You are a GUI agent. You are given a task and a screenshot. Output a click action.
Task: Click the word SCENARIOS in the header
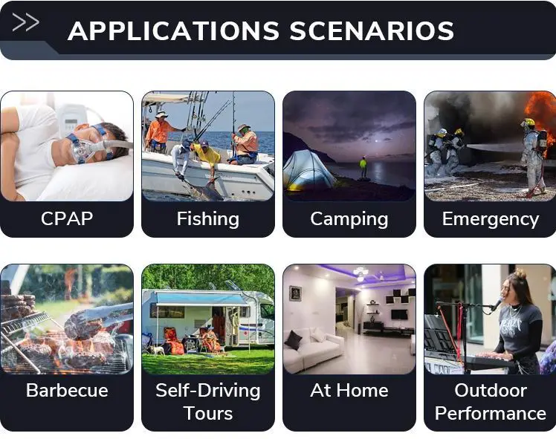pos(372,30)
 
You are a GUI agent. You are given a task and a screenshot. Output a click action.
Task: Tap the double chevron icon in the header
pos(25,22)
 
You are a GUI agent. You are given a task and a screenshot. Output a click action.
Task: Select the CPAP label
pos(67,218)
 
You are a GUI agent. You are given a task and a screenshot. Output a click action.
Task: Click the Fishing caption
pos(208,218)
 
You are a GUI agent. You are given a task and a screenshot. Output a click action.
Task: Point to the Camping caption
pos(349,219)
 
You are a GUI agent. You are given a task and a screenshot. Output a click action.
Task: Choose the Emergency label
pos(491,219)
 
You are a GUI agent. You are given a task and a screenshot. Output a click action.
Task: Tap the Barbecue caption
pos(67,391)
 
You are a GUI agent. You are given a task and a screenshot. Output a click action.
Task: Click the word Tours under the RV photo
pos(208,414)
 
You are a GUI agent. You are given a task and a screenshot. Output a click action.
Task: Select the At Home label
pos(349,391)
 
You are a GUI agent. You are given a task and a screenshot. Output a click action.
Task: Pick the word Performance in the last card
pos(491,414)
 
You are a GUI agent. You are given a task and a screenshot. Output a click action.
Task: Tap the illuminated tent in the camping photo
pos(308,170)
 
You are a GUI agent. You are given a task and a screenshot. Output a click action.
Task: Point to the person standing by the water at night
pos(363,168)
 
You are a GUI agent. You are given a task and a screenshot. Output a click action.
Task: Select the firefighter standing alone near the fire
pos(532,157)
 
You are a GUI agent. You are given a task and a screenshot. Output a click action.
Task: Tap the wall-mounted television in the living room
pos(399,314)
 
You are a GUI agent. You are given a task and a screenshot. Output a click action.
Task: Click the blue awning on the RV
pos(201,299)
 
